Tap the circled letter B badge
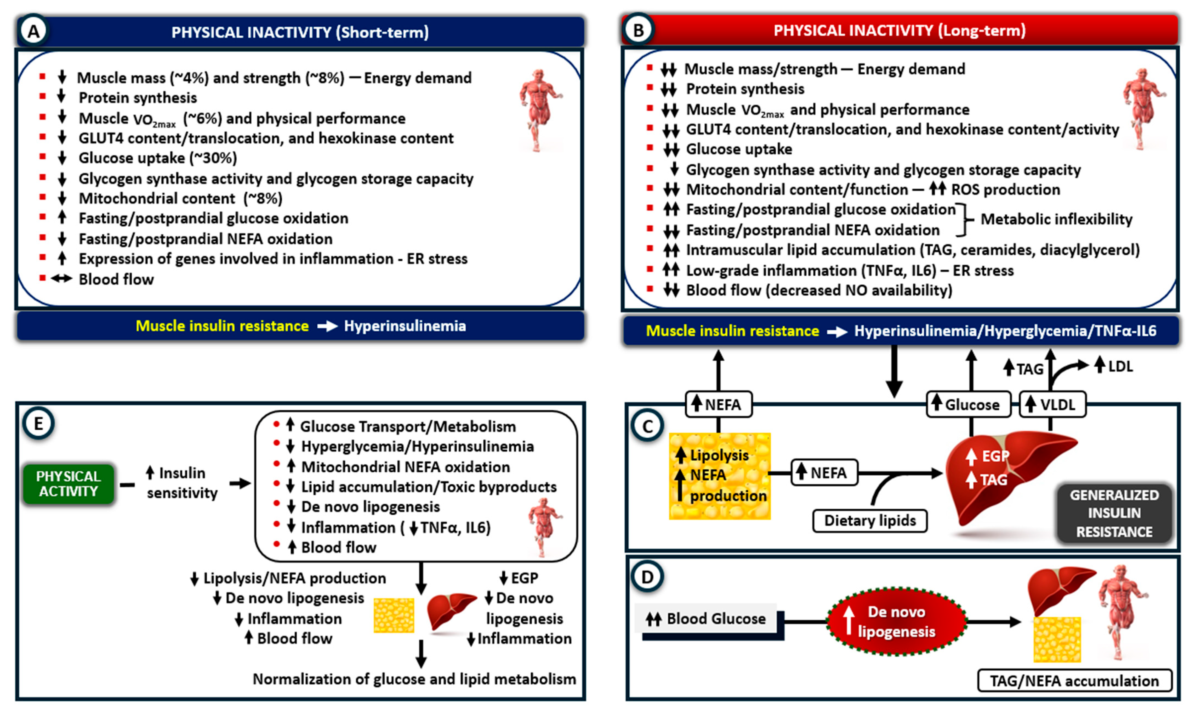pyautogui.click(x=638, y=30)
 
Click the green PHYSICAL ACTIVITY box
pyautogui.click(x=69, y=484)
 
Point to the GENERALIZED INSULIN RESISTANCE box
pyautogui.click(x=1114, y=513)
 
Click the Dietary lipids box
pyautogui.click(x=870, y=521)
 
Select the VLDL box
pyautogui.click(x=1052, y=404)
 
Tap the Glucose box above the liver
pyautogui.click(x=968, y=404)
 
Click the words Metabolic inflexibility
pyautogui.click(x=1056, y=219)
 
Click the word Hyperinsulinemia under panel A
pyautogui.click(x=405, y=326)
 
